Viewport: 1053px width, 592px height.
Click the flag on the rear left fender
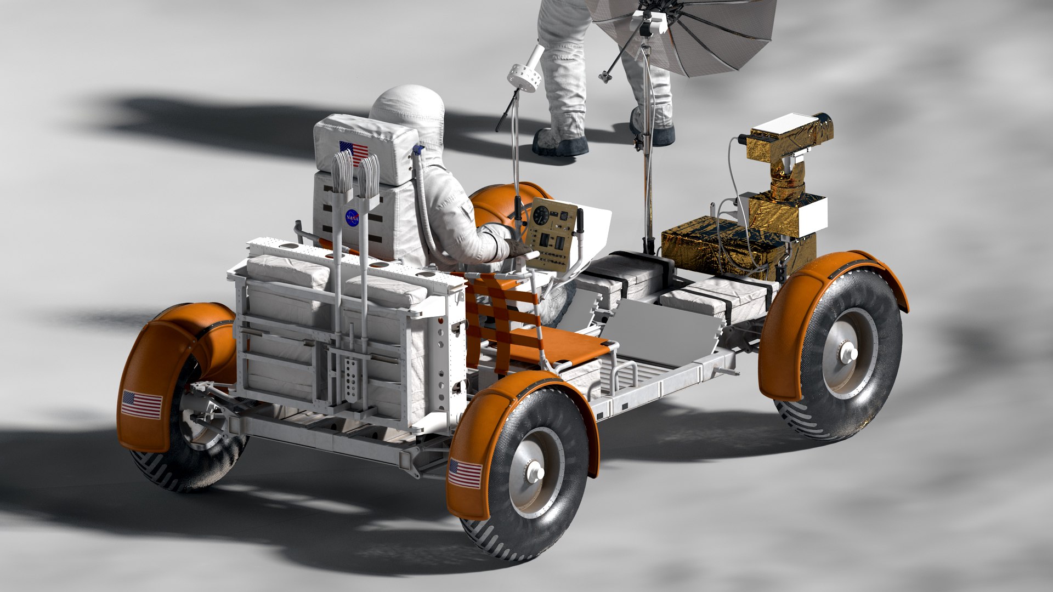point(142,405)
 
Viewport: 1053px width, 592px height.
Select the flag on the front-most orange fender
point(465,474)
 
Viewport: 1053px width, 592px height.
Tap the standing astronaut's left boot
point(559,143)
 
